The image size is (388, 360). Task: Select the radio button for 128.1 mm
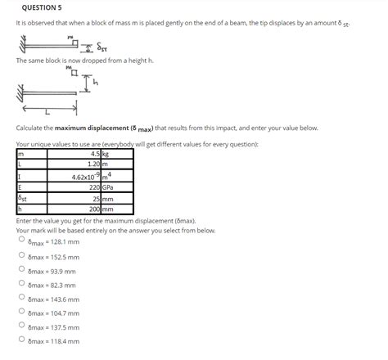click(22, 241)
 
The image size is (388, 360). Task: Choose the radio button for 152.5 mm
click(22, 255)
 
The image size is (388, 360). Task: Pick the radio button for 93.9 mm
click(22, 270)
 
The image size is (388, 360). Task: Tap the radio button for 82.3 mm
click(22, 284)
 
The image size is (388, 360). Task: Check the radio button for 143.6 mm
click(22, 299)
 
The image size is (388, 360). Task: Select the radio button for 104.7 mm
click(22, 313)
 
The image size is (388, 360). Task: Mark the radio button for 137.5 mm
click(22, 326)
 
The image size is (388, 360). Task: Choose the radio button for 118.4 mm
click(22, 340)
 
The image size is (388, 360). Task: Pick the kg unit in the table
click(109, 152)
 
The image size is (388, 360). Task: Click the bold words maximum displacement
click(90, 129)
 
